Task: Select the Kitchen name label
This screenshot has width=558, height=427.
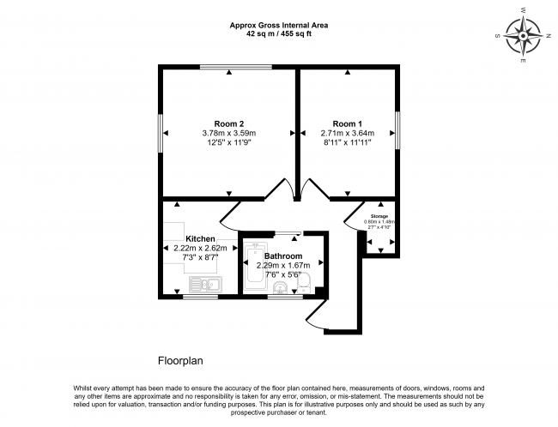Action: [x=201, y=238]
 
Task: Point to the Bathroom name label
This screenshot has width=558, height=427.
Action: [x=282, y=256]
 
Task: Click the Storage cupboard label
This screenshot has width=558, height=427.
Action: [x=379, y=216]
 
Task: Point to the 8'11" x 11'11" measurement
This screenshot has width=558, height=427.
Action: [x=347, y=143]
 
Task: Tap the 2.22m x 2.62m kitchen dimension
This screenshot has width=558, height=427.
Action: [x=201, y=248]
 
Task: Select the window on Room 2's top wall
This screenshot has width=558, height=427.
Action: [x=236, y=66]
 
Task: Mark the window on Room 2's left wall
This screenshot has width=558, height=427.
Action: [x=161, y=133]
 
